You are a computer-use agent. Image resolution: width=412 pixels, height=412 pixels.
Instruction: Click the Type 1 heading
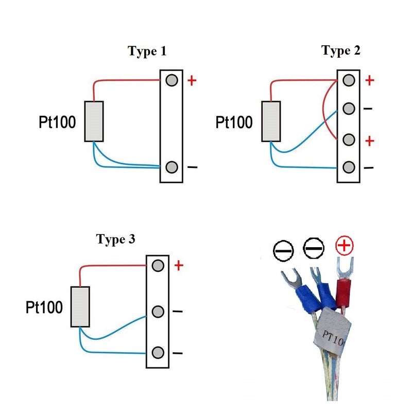tap(147, 51)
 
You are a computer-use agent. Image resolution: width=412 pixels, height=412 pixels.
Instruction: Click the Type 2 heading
tap(341, 50)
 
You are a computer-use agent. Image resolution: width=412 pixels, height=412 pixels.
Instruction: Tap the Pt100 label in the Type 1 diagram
tap(57, 122)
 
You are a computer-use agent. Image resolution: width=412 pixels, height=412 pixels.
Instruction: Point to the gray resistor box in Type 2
tap(271, 122)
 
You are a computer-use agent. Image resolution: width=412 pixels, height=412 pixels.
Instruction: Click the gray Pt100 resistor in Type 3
tap(80, 306)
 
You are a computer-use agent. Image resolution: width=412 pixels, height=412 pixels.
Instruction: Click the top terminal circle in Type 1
tap(172, 80)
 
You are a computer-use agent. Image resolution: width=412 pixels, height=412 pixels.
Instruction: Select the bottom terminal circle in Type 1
tap(172, 167)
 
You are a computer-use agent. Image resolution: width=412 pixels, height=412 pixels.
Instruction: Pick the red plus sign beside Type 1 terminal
tap(192, 81)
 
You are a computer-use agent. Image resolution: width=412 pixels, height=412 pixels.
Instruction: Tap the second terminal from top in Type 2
tap(349, 109)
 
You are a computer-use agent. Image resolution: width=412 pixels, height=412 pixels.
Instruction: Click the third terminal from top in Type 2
tap(349, 139)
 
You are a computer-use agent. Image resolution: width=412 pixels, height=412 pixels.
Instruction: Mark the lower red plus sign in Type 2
tap(369, 141)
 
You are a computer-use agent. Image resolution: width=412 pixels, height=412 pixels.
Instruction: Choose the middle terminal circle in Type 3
tap(159, 311)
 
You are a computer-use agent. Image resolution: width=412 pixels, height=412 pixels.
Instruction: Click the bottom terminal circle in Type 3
tap(159, 353)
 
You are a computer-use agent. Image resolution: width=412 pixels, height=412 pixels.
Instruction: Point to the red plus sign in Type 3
tap(178, 266)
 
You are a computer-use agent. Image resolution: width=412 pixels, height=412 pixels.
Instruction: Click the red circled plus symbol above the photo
tap(345, 247)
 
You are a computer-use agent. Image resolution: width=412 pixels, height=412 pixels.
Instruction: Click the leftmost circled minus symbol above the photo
tap(283, 251)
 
